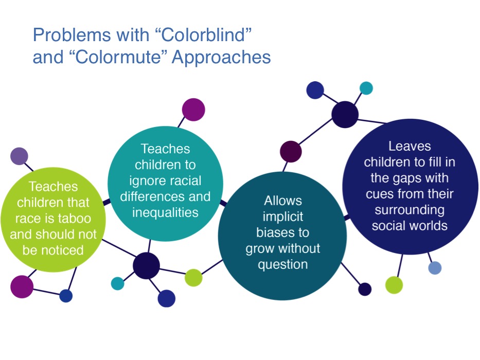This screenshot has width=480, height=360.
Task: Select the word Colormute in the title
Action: click(117, 58)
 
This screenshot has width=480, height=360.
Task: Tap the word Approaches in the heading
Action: click(221, 58)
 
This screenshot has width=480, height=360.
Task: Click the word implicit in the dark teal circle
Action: click(282, 217)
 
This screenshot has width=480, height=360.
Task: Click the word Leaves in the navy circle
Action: click(410, 146)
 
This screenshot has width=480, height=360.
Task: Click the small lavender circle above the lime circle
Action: click(19, 156)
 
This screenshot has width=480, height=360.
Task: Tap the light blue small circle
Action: click(435, 267)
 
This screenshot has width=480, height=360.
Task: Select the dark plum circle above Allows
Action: click(291, 152)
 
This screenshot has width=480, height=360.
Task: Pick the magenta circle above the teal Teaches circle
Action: click(193, 110)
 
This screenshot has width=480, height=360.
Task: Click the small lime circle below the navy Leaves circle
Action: click(394, 284)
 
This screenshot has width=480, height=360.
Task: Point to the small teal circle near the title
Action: click(366, 88)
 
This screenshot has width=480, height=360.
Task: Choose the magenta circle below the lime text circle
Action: click(22, 286)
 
